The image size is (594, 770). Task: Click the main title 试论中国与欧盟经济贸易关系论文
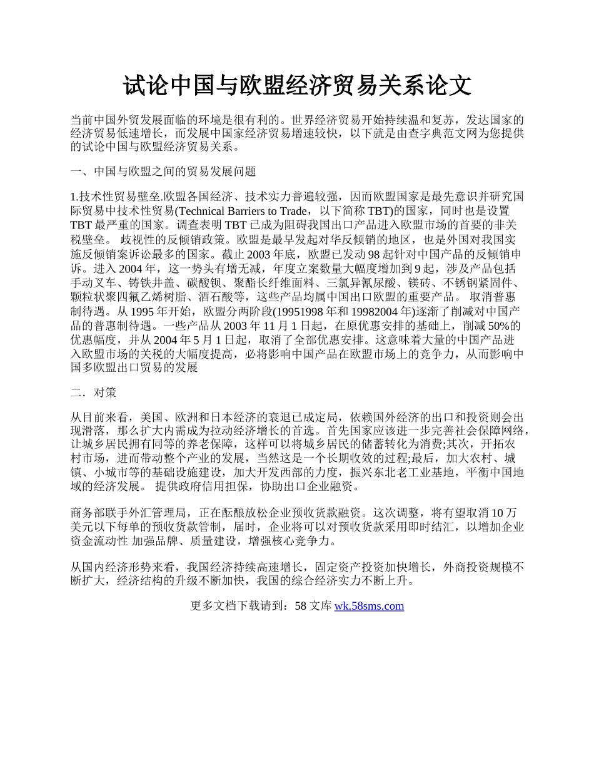pos(296,86)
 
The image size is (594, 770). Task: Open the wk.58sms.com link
pos(369,606)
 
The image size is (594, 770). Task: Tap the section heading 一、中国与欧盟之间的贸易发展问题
pos(163,172)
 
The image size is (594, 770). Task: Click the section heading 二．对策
pos(93,393)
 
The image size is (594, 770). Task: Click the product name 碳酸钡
pos(189,282)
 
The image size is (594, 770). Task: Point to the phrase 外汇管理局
pos(162,512)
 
